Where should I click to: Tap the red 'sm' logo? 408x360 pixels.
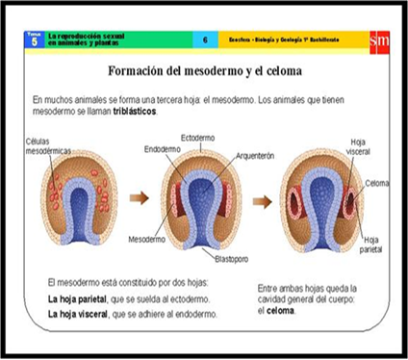pyautogui.click(x=378, y=40)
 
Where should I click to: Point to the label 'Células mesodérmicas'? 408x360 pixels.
pyautogui.click(x=48, y=147)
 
